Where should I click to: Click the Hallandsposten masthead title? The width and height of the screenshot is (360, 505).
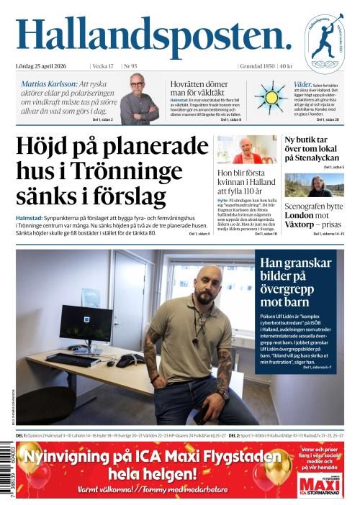[153, 35]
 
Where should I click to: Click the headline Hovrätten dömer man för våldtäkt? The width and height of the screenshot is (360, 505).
[202, 88]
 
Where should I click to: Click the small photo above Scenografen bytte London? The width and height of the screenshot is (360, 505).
[314, 186]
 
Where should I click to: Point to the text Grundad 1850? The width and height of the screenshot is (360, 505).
[257, 66]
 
